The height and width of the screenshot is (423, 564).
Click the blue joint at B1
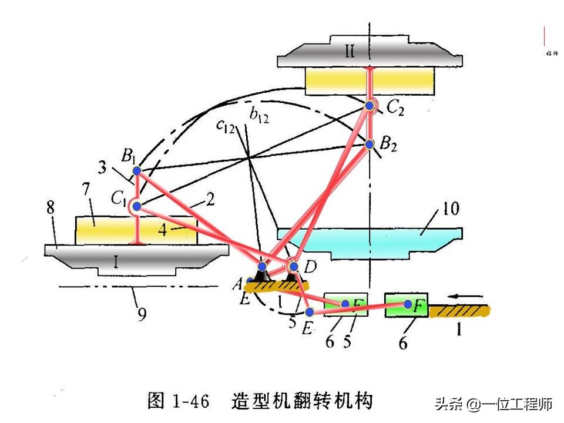click(136, 171)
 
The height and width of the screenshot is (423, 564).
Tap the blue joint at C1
click(136, 206)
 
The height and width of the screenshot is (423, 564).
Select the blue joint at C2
click(370, 106)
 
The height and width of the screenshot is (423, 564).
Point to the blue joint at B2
click(370, 144)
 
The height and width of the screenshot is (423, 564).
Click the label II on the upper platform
click(350, 52)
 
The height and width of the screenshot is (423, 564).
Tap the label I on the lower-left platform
click(116, 263)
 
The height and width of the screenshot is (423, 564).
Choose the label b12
click(259, 116)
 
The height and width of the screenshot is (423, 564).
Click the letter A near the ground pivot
click(237, 284)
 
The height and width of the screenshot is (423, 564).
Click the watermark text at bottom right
click(493, 404)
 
